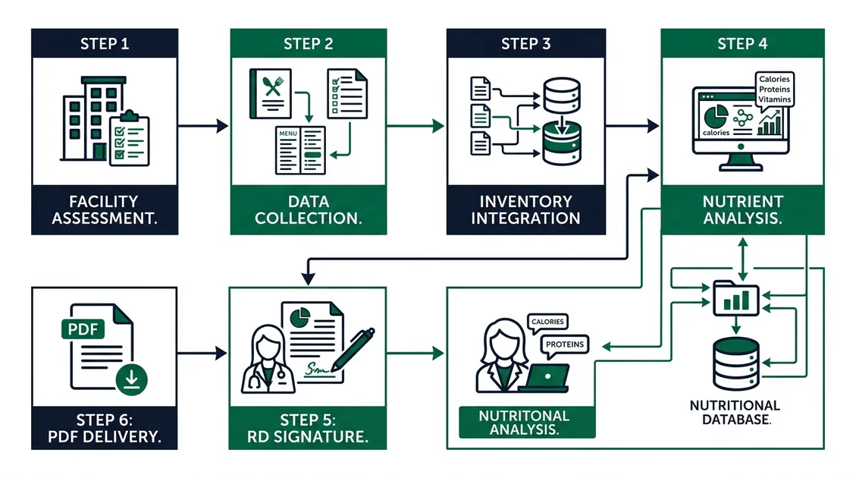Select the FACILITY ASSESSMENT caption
(104, 210)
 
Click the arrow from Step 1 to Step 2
(202, 126)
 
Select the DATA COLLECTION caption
(308, 210)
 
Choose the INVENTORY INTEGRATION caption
(525, 210)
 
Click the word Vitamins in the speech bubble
(774, 99)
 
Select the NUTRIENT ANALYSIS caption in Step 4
(742, 210)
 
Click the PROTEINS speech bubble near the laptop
(566, 344)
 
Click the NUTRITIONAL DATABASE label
(735, 412)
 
